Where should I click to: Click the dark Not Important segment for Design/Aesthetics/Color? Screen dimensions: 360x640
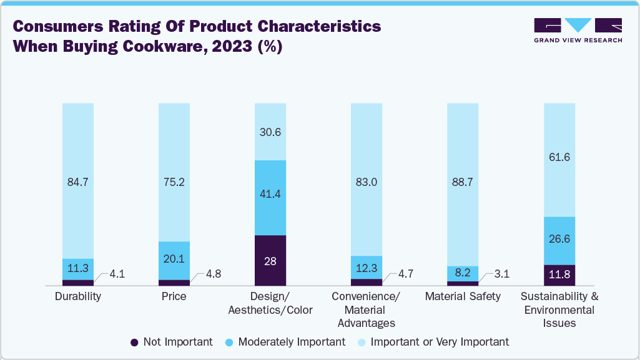click(x=270, y=261)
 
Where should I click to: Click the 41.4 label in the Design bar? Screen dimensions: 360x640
click(x=270, y=195)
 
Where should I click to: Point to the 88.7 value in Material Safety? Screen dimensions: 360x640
click(x=463, y=182)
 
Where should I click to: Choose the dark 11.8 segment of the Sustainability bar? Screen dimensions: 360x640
click(x=559, y=275)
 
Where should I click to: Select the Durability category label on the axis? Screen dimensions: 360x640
click(x=78, y=296)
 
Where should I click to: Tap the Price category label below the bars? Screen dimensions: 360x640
click(x=174, y=296)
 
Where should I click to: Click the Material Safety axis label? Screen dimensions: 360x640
click(x=463, y=296)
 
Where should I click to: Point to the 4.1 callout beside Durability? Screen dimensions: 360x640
click(x=117, y=273)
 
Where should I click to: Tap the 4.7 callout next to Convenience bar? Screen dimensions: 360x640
click(x=406, y=273)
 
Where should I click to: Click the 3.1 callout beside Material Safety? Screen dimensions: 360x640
click(x=502, y=273)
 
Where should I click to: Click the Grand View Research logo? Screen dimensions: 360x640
click(x=578, y=30)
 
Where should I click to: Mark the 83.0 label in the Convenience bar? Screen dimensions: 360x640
click(x=367, y=182)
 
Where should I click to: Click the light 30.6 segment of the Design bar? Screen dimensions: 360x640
click(x=270, y=132)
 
